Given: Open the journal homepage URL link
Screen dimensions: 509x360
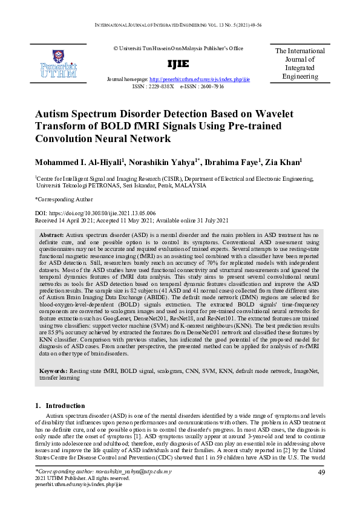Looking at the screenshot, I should click(x=200, y=79).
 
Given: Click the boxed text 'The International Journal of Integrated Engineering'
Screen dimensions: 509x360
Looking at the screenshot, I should click(x=300, y=64).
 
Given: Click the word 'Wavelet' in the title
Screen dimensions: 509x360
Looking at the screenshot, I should click(x=249, y=114).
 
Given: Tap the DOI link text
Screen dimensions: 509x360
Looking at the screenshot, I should click(x=96, y=213).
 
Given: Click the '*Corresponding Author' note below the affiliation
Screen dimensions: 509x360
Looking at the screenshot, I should click(x=64, y=198).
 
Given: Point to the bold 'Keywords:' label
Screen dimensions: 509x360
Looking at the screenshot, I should click(x=57, y=370).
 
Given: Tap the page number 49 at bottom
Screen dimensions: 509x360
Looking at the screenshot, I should click(x=322, y=472).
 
